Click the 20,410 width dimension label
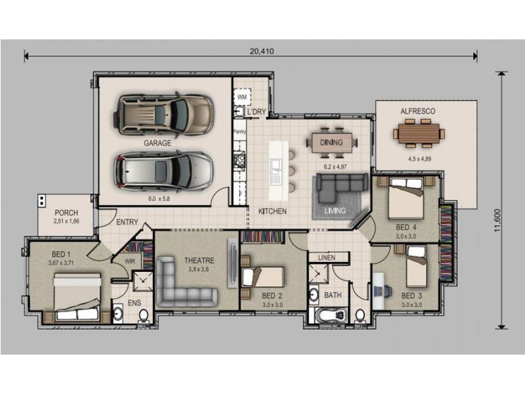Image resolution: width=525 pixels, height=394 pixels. [261, 51]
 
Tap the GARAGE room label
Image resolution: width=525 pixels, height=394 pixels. [157, 143]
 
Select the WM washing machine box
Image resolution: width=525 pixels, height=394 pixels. [242, 97]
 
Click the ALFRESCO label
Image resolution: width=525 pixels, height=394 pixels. [418, 111]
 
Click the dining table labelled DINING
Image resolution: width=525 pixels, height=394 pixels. [331, 142]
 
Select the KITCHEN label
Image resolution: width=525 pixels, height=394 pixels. [272, 211]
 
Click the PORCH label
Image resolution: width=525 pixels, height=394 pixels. [66, 213]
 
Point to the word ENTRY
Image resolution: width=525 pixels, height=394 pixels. [127, 222]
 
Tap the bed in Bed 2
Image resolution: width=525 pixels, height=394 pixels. [262, 277]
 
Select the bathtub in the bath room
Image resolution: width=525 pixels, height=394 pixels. [331, 316]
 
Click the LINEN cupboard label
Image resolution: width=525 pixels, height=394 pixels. [327, 257]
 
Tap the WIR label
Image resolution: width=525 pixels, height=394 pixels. [130, 261]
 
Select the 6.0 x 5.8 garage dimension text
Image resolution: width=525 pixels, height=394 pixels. [159, 199]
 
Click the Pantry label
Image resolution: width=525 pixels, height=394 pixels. [240, 132]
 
